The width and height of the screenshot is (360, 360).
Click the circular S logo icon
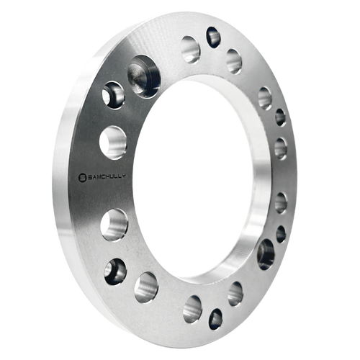coord(83,177)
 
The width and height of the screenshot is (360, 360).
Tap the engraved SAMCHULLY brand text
coord(107,176)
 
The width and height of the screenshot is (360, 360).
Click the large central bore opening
coord(193,177)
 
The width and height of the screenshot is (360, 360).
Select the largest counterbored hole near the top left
coord(144,76)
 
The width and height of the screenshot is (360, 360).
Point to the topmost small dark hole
coord(213,37)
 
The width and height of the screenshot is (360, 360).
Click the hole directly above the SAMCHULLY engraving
coord(113,143)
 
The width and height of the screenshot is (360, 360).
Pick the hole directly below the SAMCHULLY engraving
coord(114,225)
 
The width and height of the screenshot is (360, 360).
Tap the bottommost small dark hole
coord(215,319)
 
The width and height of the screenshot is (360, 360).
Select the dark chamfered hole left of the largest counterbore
coord(113,95)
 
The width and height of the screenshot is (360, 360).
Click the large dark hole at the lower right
coord(266,254)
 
